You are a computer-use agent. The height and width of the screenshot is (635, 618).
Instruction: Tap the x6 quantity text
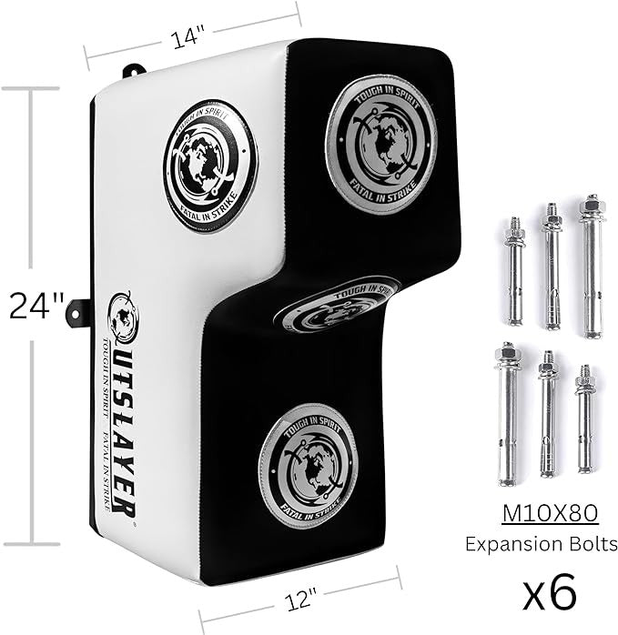click(x=551, y=591)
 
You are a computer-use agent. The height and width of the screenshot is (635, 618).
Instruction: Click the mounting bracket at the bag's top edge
click(x=134, y=70)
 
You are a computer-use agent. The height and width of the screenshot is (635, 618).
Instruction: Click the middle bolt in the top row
click(x=552, y=267)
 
